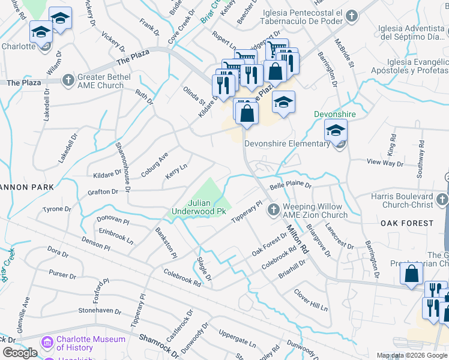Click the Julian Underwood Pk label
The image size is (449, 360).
point(198,207)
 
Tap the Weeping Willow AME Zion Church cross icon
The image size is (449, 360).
point(273,209)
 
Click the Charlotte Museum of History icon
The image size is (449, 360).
point(47,343)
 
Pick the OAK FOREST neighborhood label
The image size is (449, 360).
point(407,223)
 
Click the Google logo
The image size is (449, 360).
point(20,353)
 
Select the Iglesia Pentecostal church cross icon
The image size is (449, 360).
point(352,16)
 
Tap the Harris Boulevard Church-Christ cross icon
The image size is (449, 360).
point(442,200)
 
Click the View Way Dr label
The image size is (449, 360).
point(385,163)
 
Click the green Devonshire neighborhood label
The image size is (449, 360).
point(334,114)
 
